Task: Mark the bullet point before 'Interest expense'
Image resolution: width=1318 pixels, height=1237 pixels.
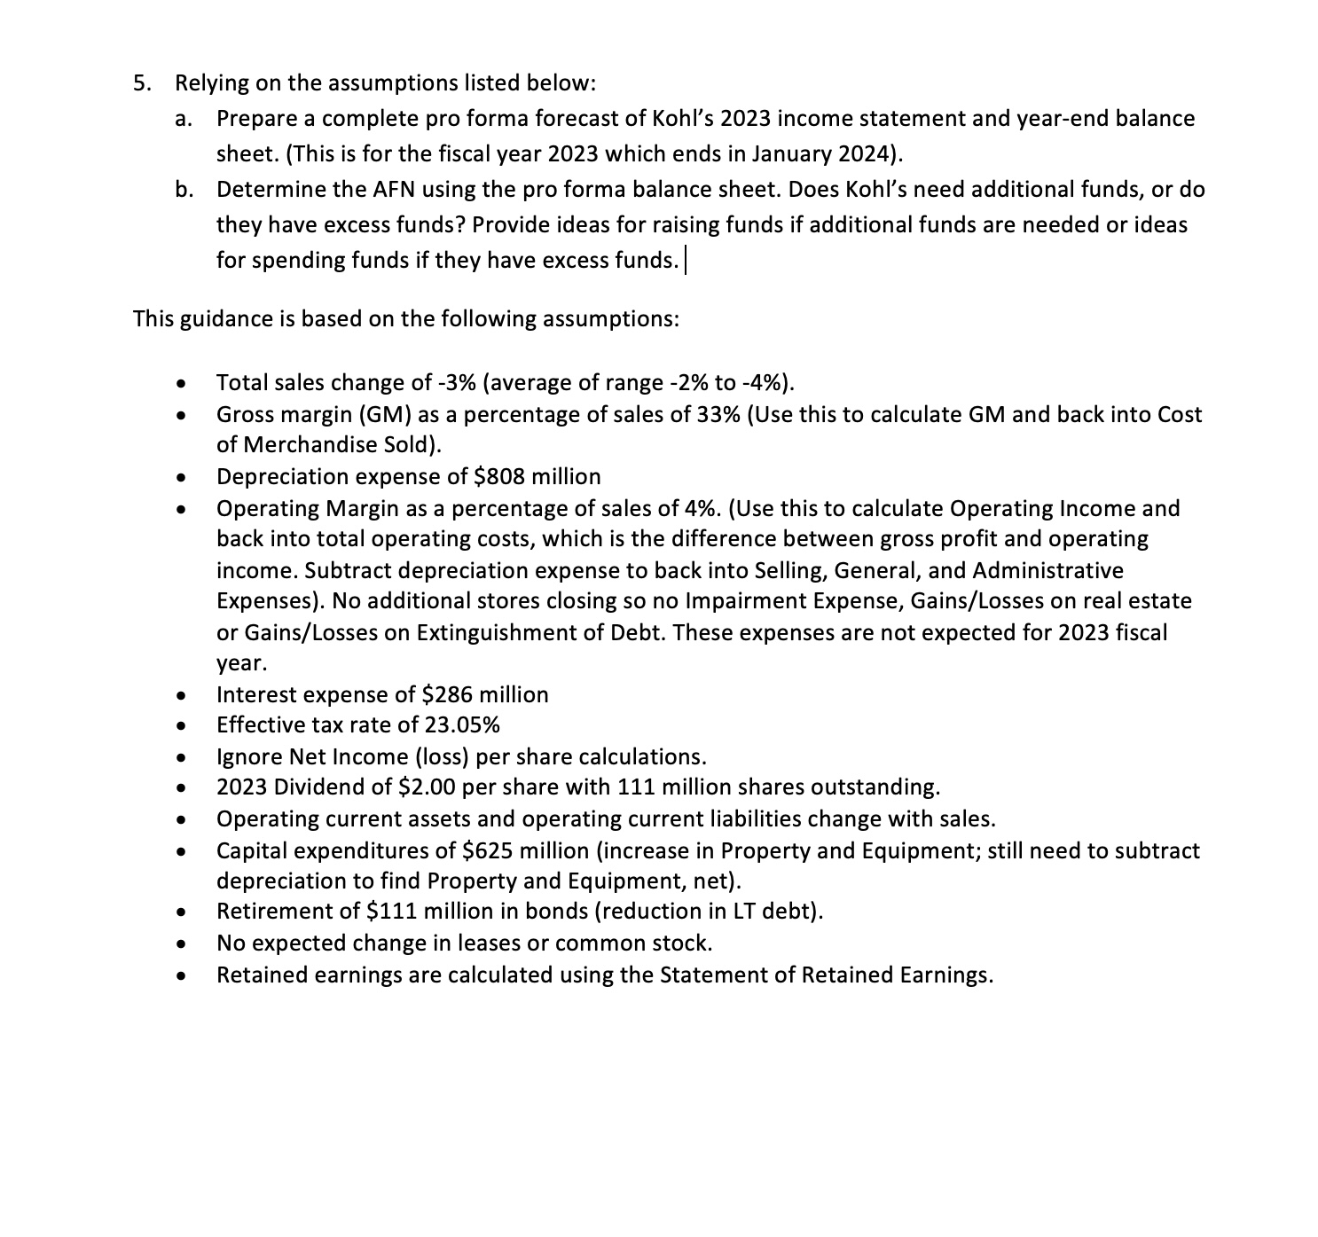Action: click(181, 695)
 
